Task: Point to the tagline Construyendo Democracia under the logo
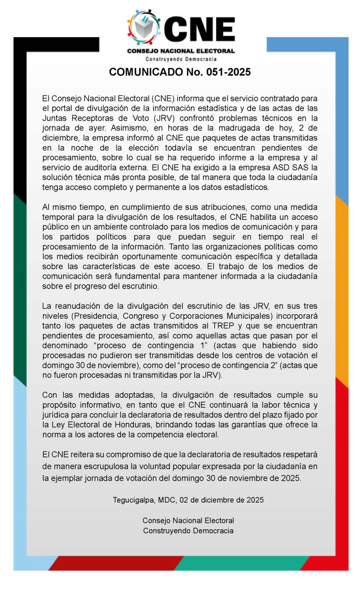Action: (x=180, y=59)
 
